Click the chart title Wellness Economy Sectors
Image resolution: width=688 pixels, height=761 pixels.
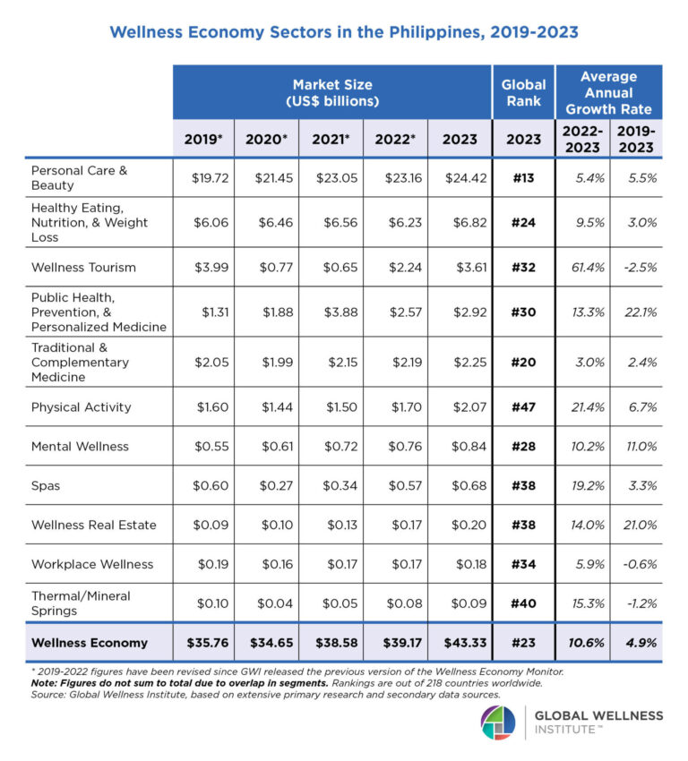pyautogui.click(x=343, y=32)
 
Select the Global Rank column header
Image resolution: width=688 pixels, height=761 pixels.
pyautogui.click(x=523, y=93)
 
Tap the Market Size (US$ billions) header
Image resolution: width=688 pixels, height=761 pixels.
pyautogui.click(x=331, y=93)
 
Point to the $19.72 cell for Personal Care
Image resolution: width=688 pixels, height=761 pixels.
pyautogui.click(x=211, y=177)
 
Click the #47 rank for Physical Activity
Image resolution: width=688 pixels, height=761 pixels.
pyautogui.click(x=523, y=406)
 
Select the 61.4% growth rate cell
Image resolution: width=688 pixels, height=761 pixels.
pyautogui.click(x=583, y=267)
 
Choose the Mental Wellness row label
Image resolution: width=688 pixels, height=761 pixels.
pyautogui.click(x=80, y=446)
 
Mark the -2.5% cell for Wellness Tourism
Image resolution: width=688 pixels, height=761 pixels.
pyautogui.click(x=636, y=267)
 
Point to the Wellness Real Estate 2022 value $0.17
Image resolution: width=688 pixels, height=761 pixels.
pyautogui.click(x=398, y=525)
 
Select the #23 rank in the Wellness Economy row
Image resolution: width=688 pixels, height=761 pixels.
pyautogui.click(x=523, y=642)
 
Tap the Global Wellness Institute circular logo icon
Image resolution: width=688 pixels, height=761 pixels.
pyautogui.click(x=498, y=723)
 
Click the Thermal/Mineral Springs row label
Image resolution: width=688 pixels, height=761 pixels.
pyautogui.click(x=81, y=603)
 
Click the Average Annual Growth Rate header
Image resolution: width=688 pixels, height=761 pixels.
pyautogui.click(x=608, y=93)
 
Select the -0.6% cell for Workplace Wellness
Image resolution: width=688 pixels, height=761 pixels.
pyautogui.click(x=636, y=564)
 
